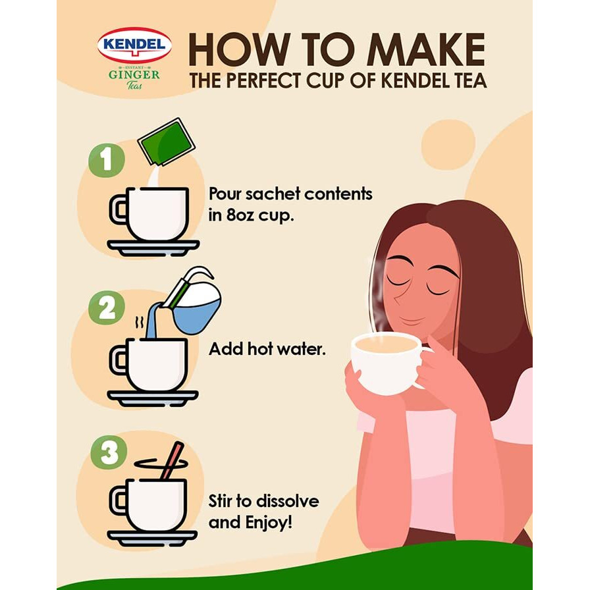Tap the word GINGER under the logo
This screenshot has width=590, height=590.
134,75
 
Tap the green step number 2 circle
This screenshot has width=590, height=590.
106,308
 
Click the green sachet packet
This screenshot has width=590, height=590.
166,142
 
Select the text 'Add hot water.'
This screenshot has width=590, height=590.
267,350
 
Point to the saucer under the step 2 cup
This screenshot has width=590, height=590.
153,398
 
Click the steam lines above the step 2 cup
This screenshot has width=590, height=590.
140,323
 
